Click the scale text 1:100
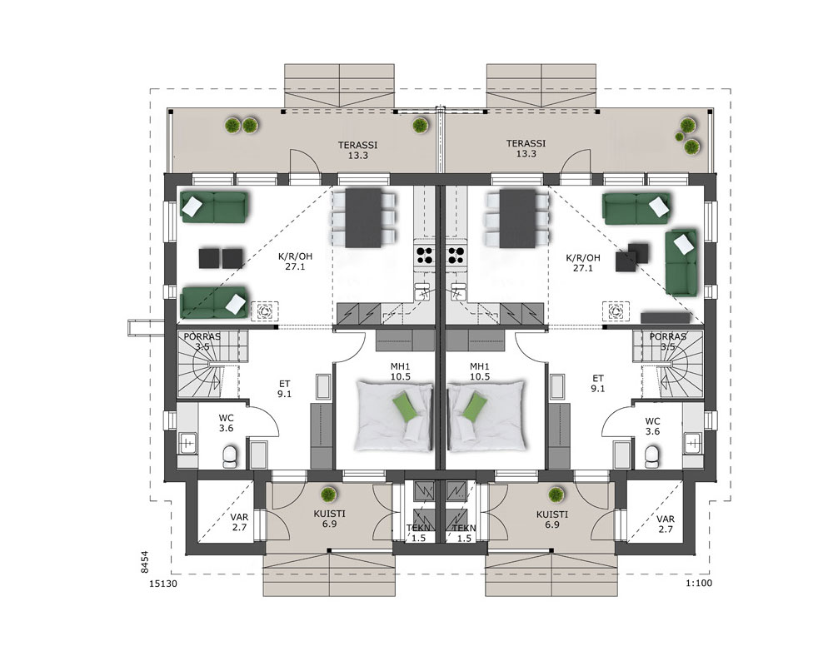tap(699, 583)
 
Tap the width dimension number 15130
tap(163, 584)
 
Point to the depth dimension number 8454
tap(144, 562)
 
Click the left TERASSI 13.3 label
tap(358, 150)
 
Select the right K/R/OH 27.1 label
tap(583, 263)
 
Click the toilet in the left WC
tap(230, 456)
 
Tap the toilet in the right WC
tap(651, 456)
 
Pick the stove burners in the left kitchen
tap(425, 256)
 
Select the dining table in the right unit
tap(517, 219)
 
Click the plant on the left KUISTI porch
tap(329, 495)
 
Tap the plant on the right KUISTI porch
tap(556, 495)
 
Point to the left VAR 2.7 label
tap(239, 523)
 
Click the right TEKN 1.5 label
tap(464, 533)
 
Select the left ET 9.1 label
tap(284, 389)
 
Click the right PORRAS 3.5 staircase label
tap(668, 341)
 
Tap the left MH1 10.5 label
tap(401, 372)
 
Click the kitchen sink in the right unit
tap(456, 291)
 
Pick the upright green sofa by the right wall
tap(681, 263)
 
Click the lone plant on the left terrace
tap(420, 126)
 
